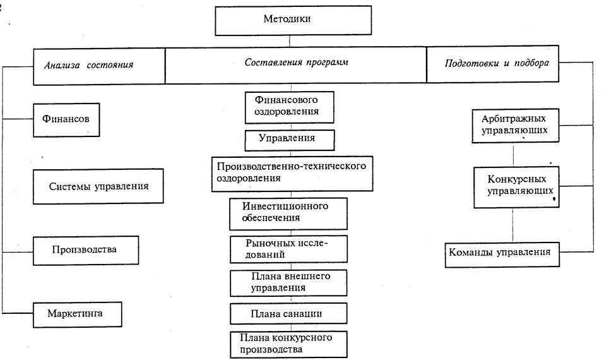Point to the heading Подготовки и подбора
(492, 65)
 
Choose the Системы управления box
(98, 186)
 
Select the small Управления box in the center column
(288, 138)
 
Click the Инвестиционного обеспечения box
(287, 213)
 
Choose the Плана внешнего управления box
(289, 282)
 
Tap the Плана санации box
(288, 313)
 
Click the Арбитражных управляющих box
(514, 125)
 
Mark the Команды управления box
(499, 252)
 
